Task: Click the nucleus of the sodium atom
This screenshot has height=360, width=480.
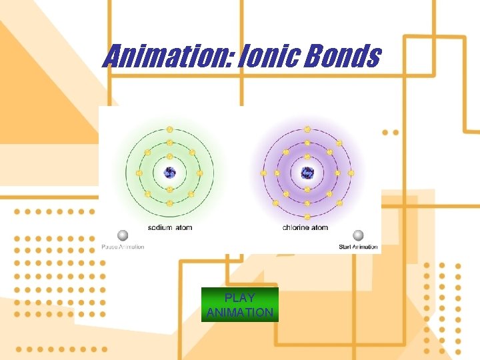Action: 170,173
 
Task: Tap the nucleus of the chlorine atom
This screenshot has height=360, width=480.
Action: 307,173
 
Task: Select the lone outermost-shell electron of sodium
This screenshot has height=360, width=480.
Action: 170,129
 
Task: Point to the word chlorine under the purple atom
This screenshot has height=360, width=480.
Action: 296,227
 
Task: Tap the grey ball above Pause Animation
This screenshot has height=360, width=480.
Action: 123,235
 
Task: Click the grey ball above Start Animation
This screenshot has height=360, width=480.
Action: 358,235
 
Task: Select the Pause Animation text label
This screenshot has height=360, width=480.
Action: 123,247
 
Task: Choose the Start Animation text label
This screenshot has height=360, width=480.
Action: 358,247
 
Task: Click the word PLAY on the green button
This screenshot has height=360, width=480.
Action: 239,298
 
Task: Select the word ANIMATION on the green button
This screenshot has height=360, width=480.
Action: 239,312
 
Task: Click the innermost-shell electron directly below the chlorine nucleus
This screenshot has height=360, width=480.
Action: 307,189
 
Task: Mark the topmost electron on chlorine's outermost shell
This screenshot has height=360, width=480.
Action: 307,129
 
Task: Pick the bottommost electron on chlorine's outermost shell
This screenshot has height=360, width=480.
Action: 307,217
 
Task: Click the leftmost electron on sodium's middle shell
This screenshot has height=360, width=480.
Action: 139,173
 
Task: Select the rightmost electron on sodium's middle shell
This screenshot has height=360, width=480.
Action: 201,173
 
